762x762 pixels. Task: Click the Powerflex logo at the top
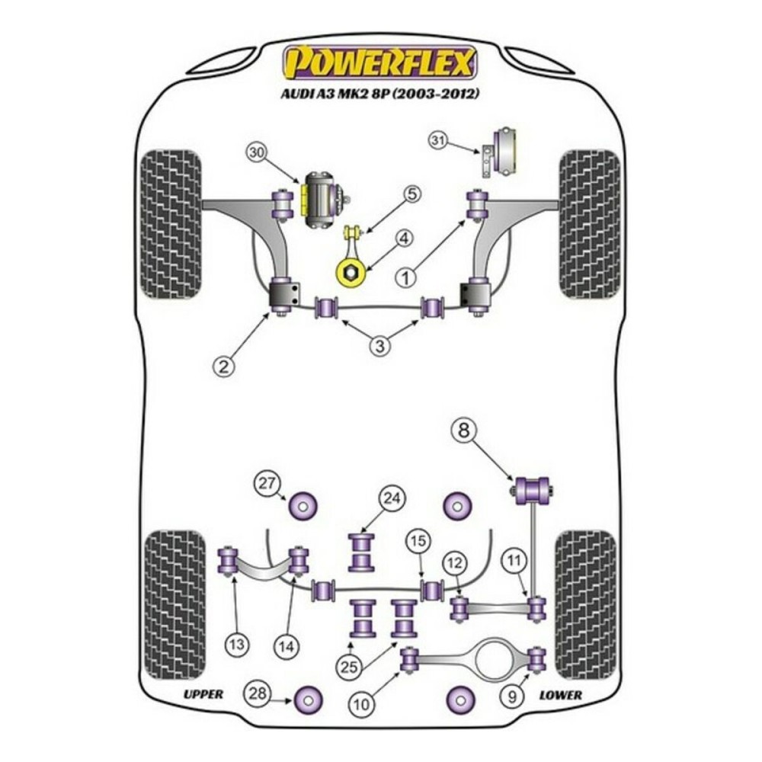pyautogui.click(x=379, y=63)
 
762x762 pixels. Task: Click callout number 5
pyautogui.click(x=411, y=194)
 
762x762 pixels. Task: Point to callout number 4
pyautogui.click(x=404, y=241)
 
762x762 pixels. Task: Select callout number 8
pyautogui.click(x=463, y=431)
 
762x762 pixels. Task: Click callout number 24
pyautogui.click(x=391, y=500)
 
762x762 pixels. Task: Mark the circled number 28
pyautogui.click(x=257, y=693)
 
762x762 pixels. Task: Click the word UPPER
pyautogui.click(x=203, y=694)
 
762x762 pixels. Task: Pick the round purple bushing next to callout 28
pyautogui.click(x=307, y=697)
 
